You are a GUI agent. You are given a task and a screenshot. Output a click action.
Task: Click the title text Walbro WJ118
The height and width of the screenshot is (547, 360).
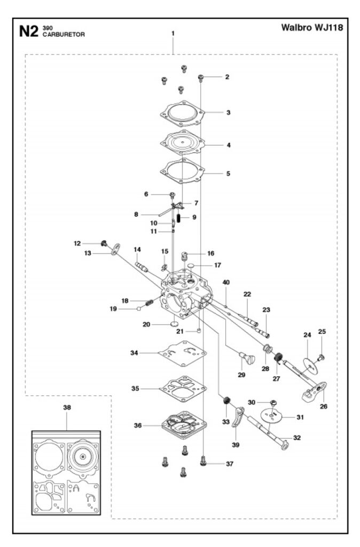point(312,27)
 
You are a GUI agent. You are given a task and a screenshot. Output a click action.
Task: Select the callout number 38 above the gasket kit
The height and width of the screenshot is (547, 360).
point(67,407)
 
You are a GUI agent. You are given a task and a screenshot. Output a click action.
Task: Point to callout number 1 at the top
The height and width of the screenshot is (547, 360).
point(173,33)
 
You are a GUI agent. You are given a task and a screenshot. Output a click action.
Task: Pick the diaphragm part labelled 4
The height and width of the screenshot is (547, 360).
point(183,144)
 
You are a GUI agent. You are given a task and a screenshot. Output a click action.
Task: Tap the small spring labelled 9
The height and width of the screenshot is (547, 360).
point(180,217)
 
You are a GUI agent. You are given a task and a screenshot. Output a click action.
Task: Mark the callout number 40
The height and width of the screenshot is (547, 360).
point(226,282)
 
